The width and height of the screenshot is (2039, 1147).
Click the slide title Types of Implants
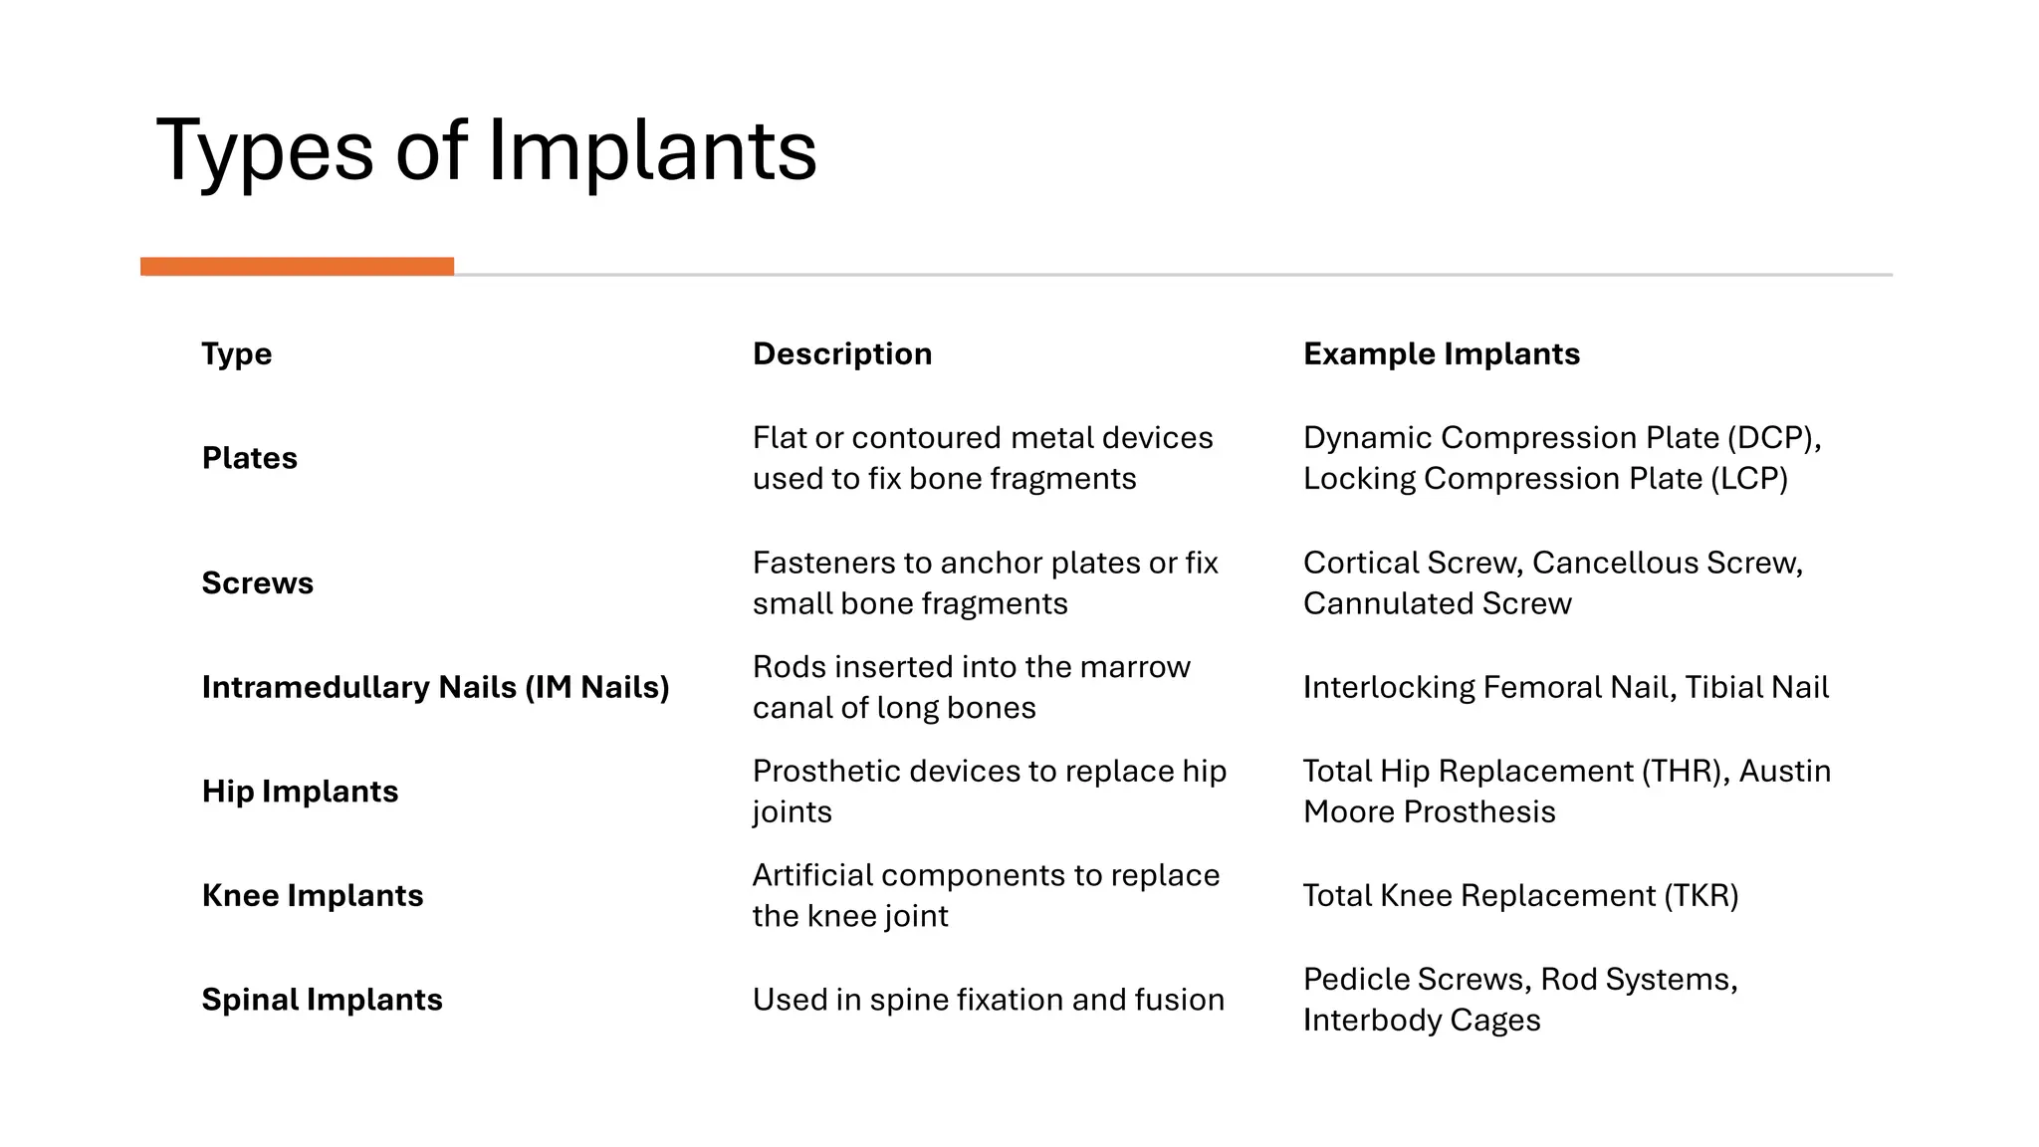pyautogui.click(x=486, y=151)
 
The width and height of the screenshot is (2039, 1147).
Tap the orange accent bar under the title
pyautogui.click(x=297, y=266)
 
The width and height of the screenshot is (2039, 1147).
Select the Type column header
pyautogui.click(x=236, y=354)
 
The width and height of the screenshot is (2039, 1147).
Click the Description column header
pyautogui.click(x=841, y=354)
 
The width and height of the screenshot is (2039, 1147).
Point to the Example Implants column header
pyautogui.click(x=1441, y=354)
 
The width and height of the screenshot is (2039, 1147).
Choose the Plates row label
pyautogui.click(x=249, y=458)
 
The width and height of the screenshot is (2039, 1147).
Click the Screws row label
pyautogui.click(x=257, y=583)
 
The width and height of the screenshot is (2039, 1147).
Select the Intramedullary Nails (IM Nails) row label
pyautogui.click(x=435, y=687)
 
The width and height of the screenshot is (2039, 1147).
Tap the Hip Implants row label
pyautogui.click(x=300, y=792)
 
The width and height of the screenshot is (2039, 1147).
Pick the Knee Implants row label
pyautogui.click(x=312, y=896)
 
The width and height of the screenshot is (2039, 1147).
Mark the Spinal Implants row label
pyautogui.click(x=322, y=1000)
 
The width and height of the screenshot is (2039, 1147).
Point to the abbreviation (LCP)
pyautogui.click(x=1748, y=479)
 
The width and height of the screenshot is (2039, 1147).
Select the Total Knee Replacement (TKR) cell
pyautogui.click(x=1520, y=896)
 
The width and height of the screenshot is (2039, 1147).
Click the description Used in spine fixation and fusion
pyautogui.click(x=988, y=1000)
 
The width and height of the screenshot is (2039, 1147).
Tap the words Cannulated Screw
pyautogui.click(x=1437, y=604)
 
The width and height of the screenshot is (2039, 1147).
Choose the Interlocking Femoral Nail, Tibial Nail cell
pyautogui.click(x=1565, y=687)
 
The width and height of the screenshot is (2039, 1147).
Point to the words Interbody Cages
pyautogui.click(x=1421, y=1021)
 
